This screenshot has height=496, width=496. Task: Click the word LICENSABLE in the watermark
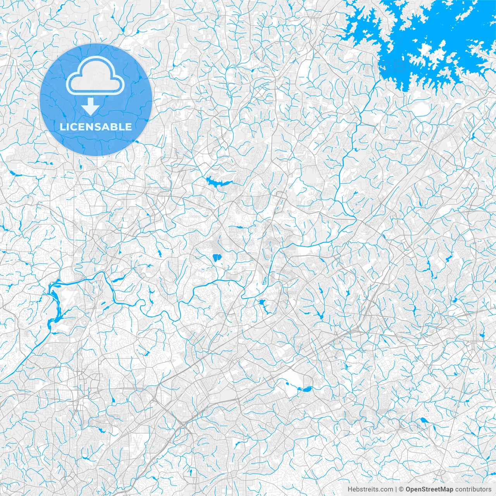(96, 127)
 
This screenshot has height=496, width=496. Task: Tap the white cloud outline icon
(95, 75)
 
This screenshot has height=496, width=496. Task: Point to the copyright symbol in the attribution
(401, 489)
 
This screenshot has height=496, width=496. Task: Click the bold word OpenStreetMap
(429, 489)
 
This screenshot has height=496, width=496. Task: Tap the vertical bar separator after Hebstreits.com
(396, 489)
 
